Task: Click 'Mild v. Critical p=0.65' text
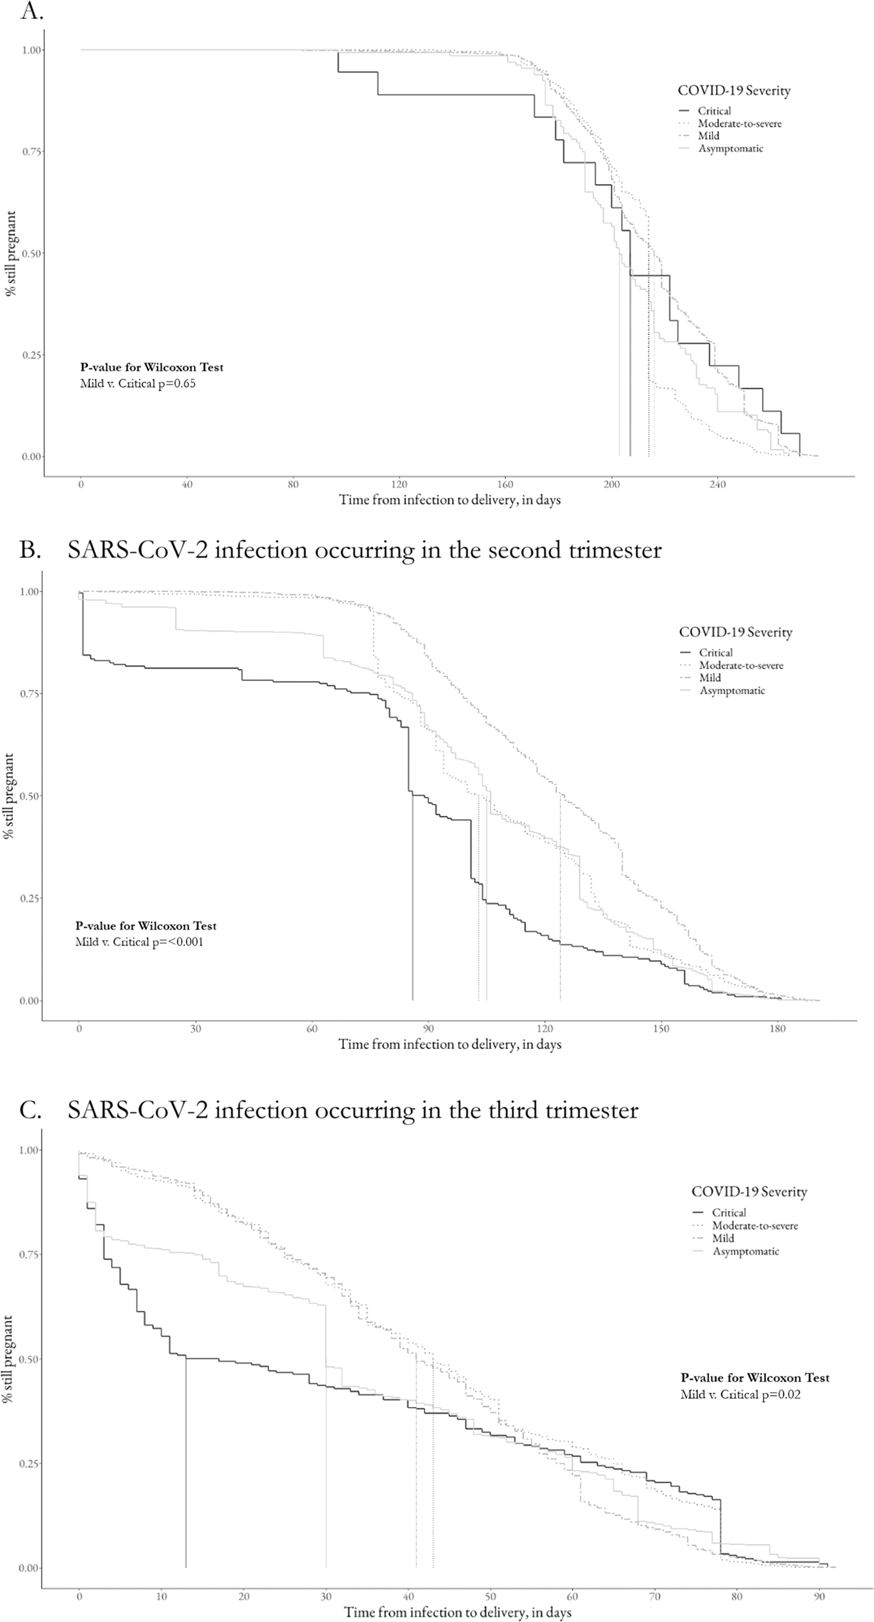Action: [137, 384]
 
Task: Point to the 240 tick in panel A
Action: [717, 485]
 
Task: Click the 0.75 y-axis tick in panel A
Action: [32, 152]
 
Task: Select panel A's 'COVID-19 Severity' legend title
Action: [734, 91]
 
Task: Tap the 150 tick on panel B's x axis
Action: [661, 1029]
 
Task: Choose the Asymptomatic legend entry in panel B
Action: [732, 690]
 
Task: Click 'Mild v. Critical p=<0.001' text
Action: [139, 942]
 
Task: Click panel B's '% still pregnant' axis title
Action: [9, 796]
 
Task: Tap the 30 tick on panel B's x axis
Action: [195, 1029]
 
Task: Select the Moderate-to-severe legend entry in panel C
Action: [754, 1226]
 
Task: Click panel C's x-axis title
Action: [458, 1608]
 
